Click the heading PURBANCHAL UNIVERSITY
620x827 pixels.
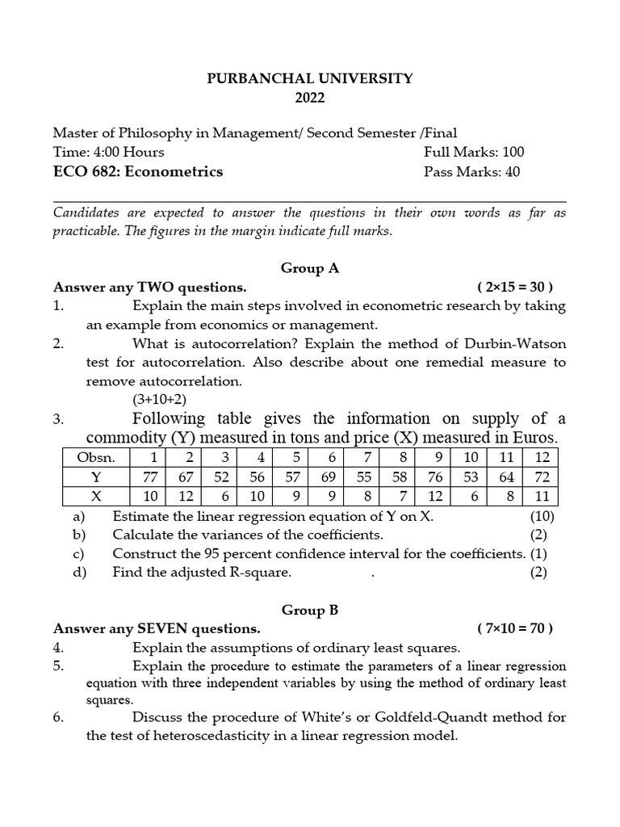[310, 78]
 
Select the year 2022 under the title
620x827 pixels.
[310, 98]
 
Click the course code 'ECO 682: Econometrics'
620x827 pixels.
[138, 171]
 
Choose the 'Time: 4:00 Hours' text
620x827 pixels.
[108, 152]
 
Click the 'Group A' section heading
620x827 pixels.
[310, 268]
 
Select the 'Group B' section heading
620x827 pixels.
[310, 610]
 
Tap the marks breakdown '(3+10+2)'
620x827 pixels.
[160, 399]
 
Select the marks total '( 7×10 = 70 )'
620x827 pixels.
[515, 628]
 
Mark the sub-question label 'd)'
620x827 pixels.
[77, 573]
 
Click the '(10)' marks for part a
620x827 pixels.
[542, 516]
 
